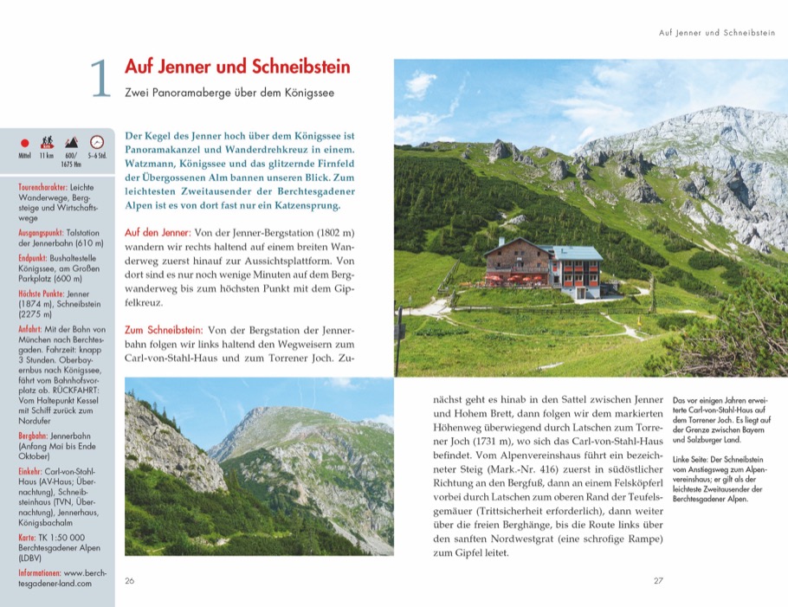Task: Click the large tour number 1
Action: coord(100,78)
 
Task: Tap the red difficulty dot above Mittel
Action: coord(25,142)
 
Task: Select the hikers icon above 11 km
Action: coord(48,142)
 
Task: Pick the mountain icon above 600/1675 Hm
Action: coord(72,142)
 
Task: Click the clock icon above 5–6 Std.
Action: coord(97,142)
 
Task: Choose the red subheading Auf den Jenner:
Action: coord(158,233)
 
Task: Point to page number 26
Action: coord(130,580)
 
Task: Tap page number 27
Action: coord(658,580)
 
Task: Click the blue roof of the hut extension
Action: coord(576,252)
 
